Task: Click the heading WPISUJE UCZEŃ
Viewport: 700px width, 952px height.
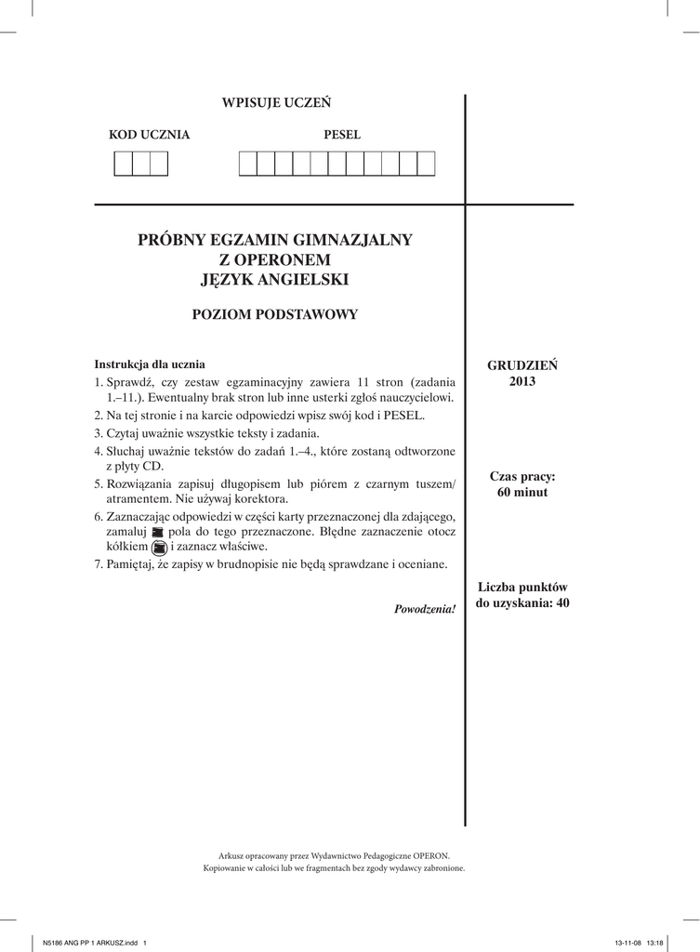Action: click(275, 102)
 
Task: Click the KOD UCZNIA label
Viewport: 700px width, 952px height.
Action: click(150, 135)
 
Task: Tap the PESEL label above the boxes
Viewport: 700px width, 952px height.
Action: click(342, 135)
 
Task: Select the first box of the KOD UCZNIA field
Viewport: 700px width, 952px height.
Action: click(123, 163)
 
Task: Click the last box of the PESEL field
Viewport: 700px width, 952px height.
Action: click(426, 163)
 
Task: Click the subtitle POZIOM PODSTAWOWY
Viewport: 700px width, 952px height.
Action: click(274, 314)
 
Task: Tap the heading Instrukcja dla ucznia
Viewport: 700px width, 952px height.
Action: click(150, 364)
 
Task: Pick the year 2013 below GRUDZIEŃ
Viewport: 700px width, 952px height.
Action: click(522, 381)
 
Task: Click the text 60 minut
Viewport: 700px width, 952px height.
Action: click(522, 493)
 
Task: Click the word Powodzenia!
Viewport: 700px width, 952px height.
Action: click(425, 609)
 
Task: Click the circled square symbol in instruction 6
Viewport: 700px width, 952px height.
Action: click(158, 549)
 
